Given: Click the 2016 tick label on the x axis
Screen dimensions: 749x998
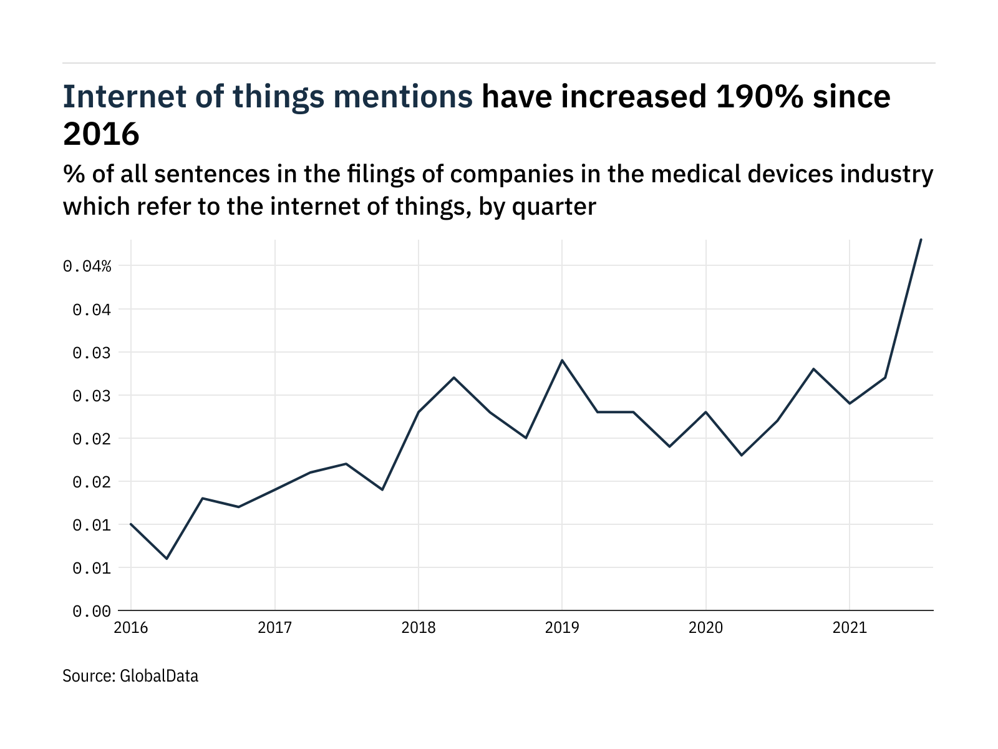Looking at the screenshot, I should pyautogui.click(x=131, y=627).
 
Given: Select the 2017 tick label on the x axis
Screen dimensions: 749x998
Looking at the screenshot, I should pyautogui.click(x=274, y=627).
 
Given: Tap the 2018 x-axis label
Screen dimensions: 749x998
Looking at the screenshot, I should pyautogui.click(x=419, y=627).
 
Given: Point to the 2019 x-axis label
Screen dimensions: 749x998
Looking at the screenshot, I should pyautogui.click(x=562, y=627).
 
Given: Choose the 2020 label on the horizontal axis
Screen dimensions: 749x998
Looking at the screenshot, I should pyautogui.click(x=705, y=627).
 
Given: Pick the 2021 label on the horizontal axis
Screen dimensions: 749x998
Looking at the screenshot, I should pyautogui.click(x=850, y=627).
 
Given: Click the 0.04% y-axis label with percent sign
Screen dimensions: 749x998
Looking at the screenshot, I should pyautogui.click(x=87, y=267).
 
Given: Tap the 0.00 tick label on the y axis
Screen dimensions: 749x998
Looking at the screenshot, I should pyautogui.click(x=91, y=611).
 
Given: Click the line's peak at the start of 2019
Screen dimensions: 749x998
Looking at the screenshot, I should pyautogui.click(x=562, y=360).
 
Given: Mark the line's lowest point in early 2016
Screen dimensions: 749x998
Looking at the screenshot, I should pyautogui.click(x=167, y=559).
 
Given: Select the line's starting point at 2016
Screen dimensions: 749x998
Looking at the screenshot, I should pyautogui.click(x=131, y=524).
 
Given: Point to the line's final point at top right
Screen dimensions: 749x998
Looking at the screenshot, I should pyautogui.click(x=921, y=240).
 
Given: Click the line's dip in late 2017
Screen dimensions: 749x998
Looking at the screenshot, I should pyautogui.click(x=382, y=489).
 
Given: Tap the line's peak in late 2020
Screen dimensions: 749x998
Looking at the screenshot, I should pyautogui.click(x=813, y=369).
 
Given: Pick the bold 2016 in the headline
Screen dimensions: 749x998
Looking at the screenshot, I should pyautogui.click(x=101, y=134).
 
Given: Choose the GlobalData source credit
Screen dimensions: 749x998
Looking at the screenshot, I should pyautogui.click(x=158, y=676).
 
